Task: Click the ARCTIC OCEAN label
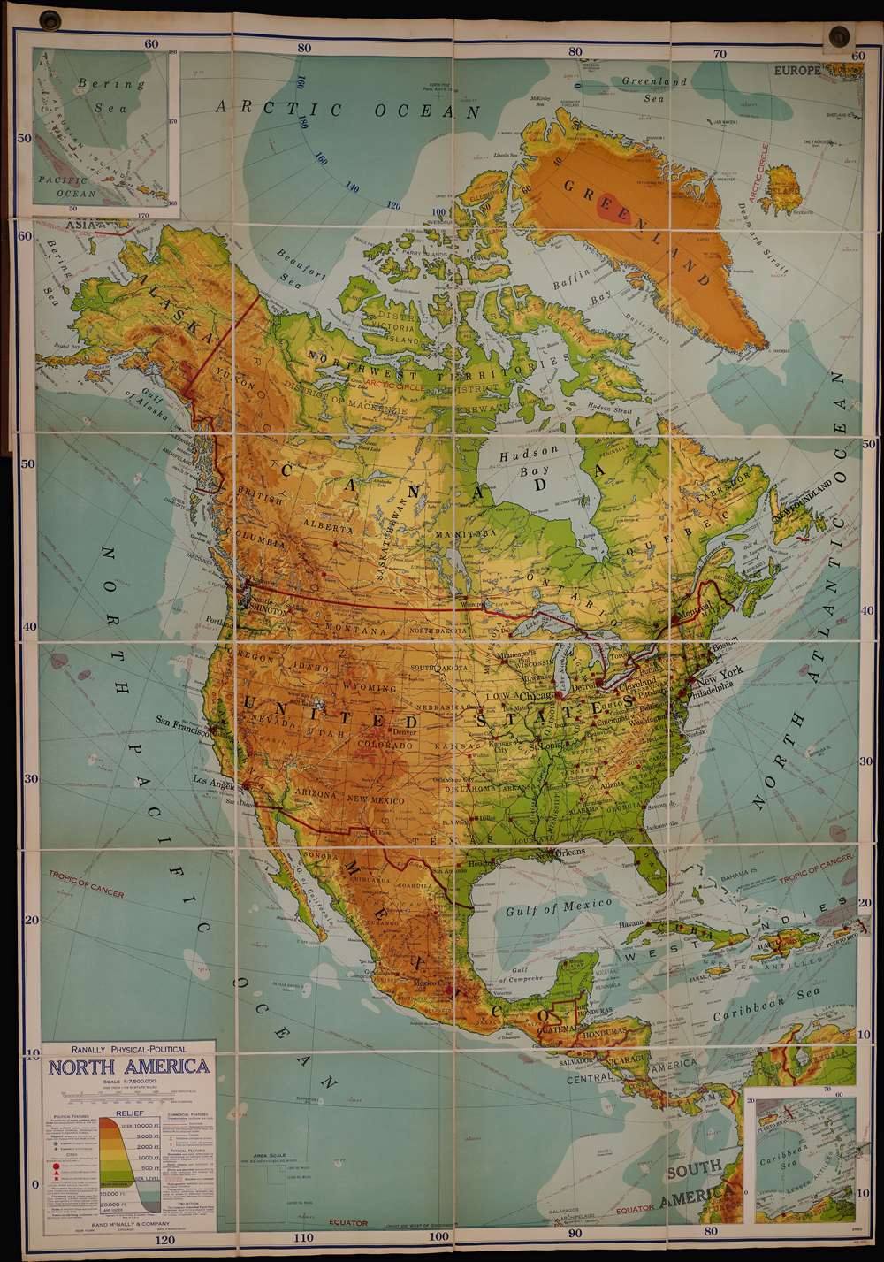(349, 109)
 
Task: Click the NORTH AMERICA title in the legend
(129, 1066)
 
